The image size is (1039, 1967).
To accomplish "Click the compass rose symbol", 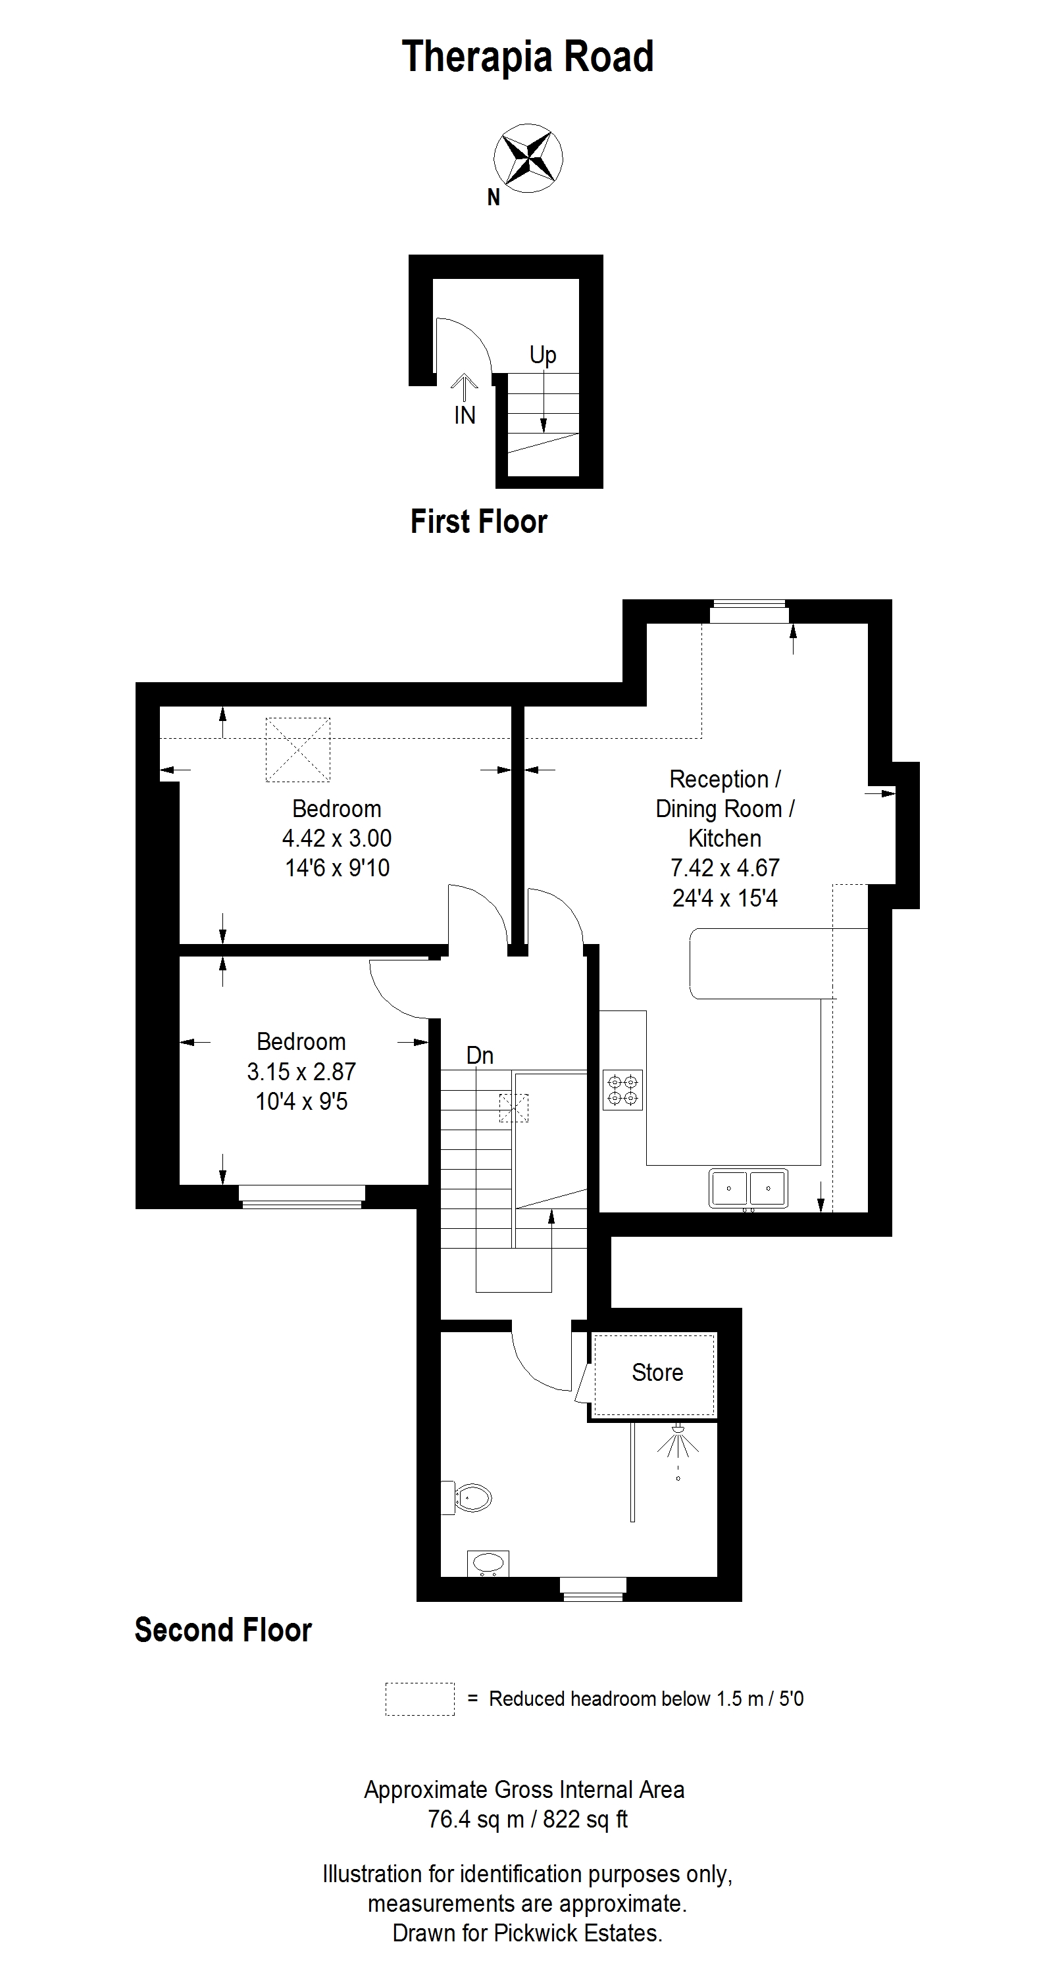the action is tap(528, 159).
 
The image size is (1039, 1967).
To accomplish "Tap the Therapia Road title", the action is tap(528, 57).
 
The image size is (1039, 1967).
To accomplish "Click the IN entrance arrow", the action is tap(464, 386).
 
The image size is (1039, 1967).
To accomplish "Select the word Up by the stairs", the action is tap(542, 355).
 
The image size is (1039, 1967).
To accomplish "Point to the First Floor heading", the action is tap(479, 522).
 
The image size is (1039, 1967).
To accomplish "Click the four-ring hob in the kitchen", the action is tap(622, 1089).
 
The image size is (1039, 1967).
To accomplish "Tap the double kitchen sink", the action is tap(748, 1188).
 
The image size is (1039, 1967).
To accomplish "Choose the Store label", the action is tap(657, 1373).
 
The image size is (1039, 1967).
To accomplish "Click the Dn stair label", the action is tap(480, 1055).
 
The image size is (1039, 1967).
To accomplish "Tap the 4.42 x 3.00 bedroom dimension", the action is tap(337, 838).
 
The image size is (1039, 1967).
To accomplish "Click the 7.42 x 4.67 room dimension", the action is tap(725, 868).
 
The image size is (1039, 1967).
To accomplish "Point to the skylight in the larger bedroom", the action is tap(298, 749).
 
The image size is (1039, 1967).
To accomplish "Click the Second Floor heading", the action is tap(223, 1630).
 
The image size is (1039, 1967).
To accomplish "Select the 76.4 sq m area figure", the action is tap(476, 1820).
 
